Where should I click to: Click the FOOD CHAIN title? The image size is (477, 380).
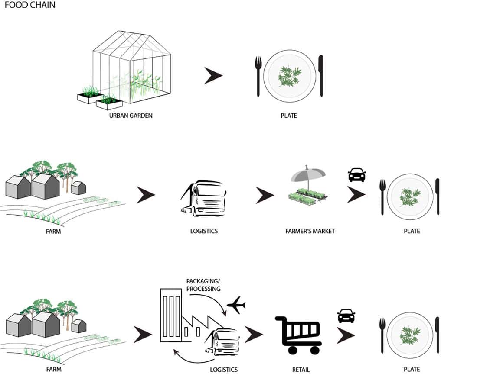point(29,6)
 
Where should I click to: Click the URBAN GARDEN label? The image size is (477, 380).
point(131,116)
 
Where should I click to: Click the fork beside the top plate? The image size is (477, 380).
point(258,76)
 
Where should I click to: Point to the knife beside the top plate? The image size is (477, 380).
point(321,76)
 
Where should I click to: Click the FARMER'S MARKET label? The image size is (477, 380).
point(310,231)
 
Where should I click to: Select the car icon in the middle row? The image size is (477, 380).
point(356,175)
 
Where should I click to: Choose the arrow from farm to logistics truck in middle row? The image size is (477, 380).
point(145,195)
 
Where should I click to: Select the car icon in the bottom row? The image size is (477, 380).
point(346,316)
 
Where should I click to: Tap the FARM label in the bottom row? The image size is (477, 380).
point(53,369)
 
